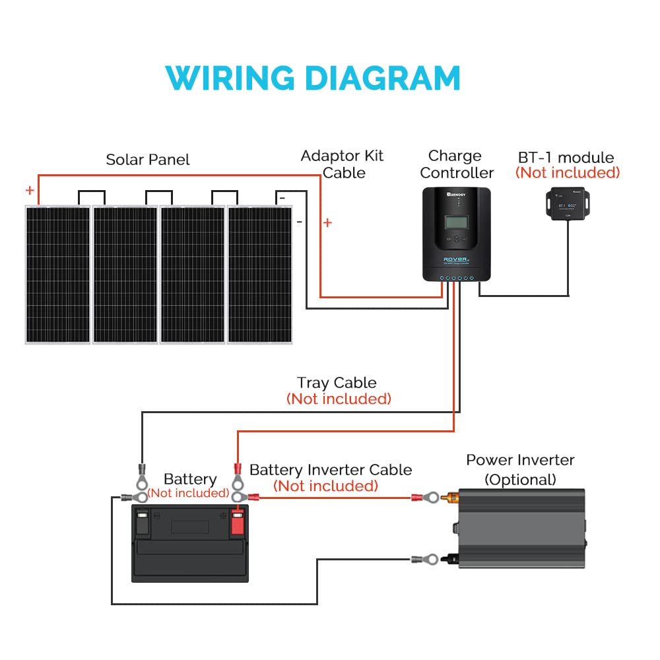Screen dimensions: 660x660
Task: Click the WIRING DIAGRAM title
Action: click(x=313, y=78)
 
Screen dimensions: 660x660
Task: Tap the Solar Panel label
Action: click(x=147, y=160)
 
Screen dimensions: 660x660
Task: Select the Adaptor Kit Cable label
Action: click(x=342, y=164)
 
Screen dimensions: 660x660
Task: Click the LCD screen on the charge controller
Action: click(x=455, y=222)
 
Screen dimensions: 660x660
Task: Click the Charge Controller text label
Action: click(x=456, y=164)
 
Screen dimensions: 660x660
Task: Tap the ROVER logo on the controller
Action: click(x=455, y=259)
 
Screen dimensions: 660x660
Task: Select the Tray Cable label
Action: click(x=337, y=383)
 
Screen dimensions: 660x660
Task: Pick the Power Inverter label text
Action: click(x=520, y=460)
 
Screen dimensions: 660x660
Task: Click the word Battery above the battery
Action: click(x=189, y=479)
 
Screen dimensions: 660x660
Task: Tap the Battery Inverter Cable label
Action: click(x=330, y=470)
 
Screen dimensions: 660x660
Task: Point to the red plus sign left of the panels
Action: click(x=30, y=191)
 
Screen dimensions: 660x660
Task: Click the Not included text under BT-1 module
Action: click(x=568, y=173)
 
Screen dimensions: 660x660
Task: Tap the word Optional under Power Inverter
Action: click(x=520, y=479)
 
